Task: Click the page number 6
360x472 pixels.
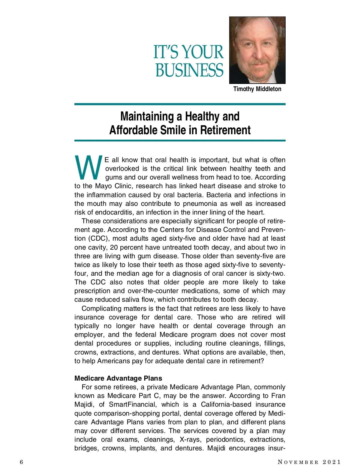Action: pos(21,462)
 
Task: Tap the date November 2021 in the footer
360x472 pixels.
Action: pos(309,462)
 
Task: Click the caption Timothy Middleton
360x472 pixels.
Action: pos(257,89)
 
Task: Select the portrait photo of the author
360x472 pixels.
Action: pos(257,50)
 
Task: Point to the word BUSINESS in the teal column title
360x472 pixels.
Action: pos(189,70)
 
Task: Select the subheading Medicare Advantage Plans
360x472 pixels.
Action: pos(118,378)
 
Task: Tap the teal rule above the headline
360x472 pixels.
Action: pos(180,104)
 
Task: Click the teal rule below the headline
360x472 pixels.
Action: pos(180,140)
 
